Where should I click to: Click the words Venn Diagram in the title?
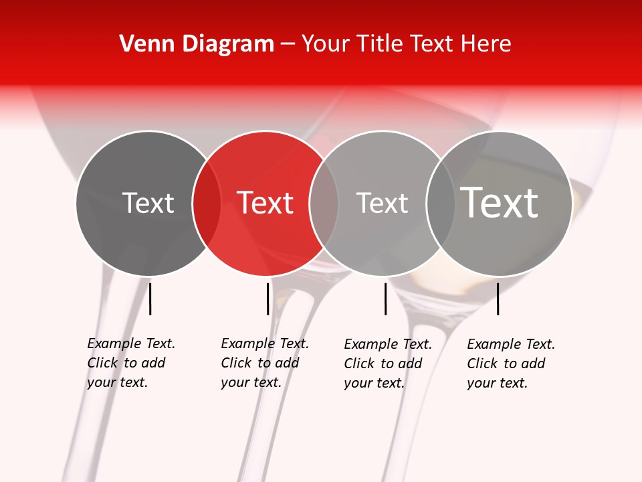tap(197, 44)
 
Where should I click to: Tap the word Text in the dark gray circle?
tap(148, 203)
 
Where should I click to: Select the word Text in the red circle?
tap(265, 203)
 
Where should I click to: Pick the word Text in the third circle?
tap(382, 203)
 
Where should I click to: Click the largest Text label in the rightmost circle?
tap(500, 203)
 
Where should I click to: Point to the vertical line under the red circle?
tap(267, 299)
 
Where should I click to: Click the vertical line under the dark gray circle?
tap(150, 299)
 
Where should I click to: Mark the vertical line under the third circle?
tap(385, 299)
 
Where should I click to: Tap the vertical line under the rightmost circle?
tap(498, 299)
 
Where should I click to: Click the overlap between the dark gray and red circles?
tap(207, 203)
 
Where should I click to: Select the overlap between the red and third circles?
tap(324, 203)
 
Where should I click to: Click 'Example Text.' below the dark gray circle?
tap(131, 343)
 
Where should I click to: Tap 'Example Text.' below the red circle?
tap(265, 343)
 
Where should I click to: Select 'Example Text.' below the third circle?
tap(388, 344)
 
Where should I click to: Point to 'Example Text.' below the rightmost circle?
tap(511, 344)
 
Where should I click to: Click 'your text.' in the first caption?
tap(117, 382)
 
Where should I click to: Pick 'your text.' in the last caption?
tap(497, 383)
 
